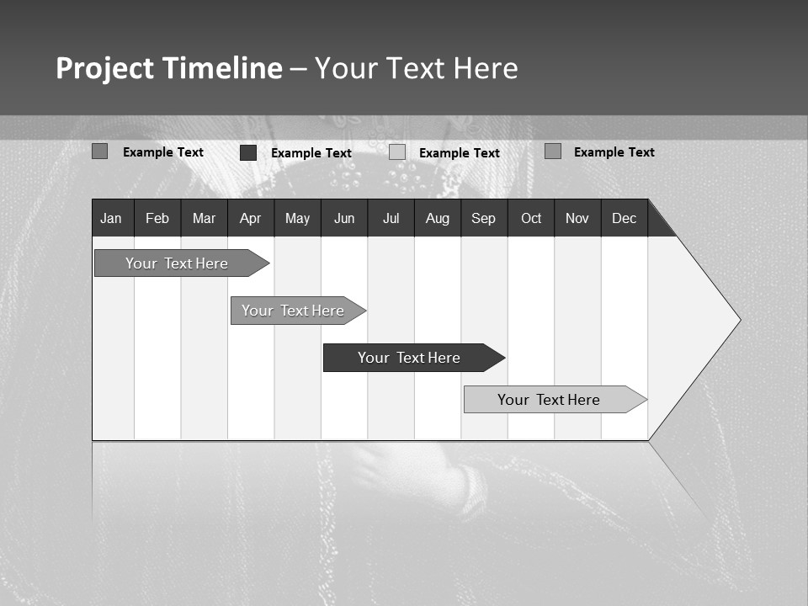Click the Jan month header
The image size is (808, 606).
pos(112,218)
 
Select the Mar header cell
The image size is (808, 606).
pos(204,218)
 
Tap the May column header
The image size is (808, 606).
pos(297,218)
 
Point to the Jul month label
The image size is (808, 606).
pos(391,218)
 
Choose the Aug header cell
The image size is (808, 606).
pos(437,218)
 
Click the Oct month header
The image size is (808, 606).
pos(530,218)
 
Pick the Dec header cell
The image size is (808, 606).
pos(624,218)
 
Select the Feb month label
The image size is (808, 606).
pos(157,218)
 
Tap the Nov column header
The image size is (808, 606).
pos(577,218)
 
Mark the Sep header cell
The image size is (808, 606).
pos(483,218)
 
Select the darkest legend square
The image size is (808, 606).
pos(248,152)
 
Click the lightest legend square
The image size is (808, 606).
pos(397,152)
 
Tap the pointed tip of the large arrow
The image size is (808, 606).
pos(738,320)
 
